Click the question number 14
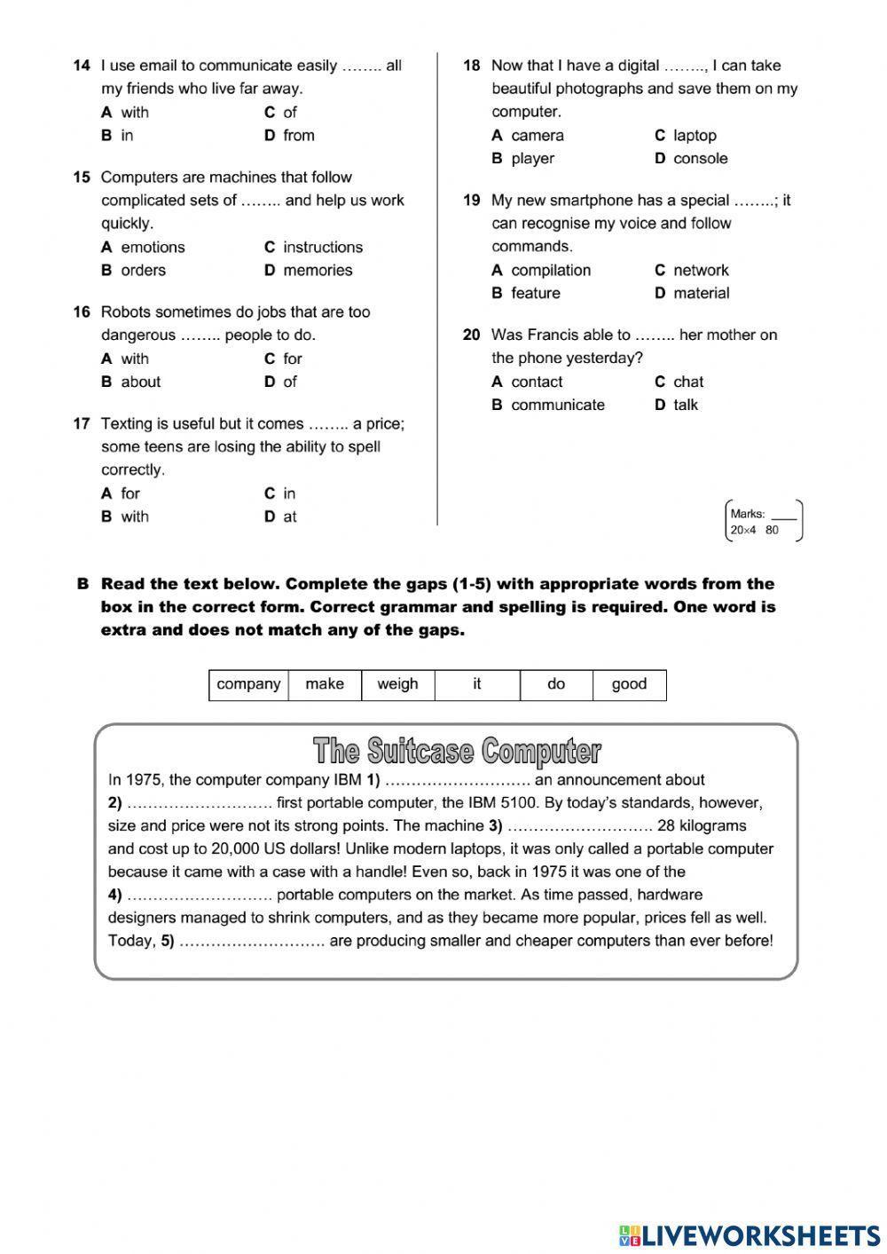pyautogui.click(x=82, y=66)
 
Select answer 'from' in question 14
pyautogui.click(x=298, y=136)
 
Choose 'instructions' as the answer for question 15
pyautogui.click(x=322, y=248)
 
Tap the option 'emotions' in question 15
pyautogui.click(x=153, y=248)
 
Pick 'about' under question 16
pyautogui.click(x=140, y=383)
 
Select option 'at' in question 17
pyautogui.click(x=289, y=517)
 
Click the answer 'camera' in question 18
pyautogui.click(x=537, y=136)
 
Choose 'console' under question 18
pyautogui.click(x=700, y=159)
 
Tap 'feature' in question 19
pyautogui.click(x=535, y=294)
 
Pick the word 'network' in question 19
pyautogui.click(x=700, y=271)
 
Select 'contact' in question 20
pyautogui.click(x=537, y=383)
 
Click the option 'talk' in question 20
pyautogui.click(x=685, y=406)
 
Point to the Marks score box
pyautogui.click(x=765, y=521)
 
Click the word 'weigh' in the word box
pyautogui.click(x=397, y=684)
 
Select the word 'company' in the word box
pyautogui.click(x=248, y=684)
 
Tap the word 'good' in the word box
pyautogui.click(x=629, y=684)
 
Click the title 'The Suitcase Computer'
pyautogui.click(x=457, y=751)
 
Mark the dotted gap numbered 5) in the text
pyautogui.click(x=252, y=942)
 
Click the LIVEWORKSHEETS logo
pyautogui.click(x=750, y=1234)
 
